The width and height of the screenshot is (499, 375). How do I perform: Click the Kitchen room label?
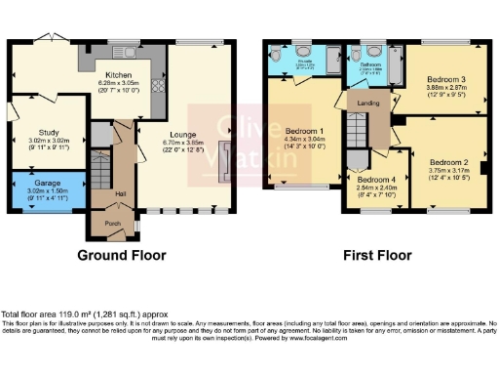coord(119,74)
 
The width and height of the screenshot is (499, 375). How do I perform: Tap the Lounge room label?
coord(182,134)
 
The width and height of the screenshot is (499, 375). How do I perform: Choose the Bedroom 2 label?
coord(449,161)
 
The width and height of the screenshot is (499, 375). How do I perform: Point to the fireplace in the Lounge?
coord(226,161)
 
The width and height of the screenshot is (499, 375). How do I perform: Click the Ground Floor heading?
coord(122,255)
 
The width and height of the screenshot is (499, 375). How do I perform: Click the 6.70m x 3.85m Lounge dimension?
coord(182,144)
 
